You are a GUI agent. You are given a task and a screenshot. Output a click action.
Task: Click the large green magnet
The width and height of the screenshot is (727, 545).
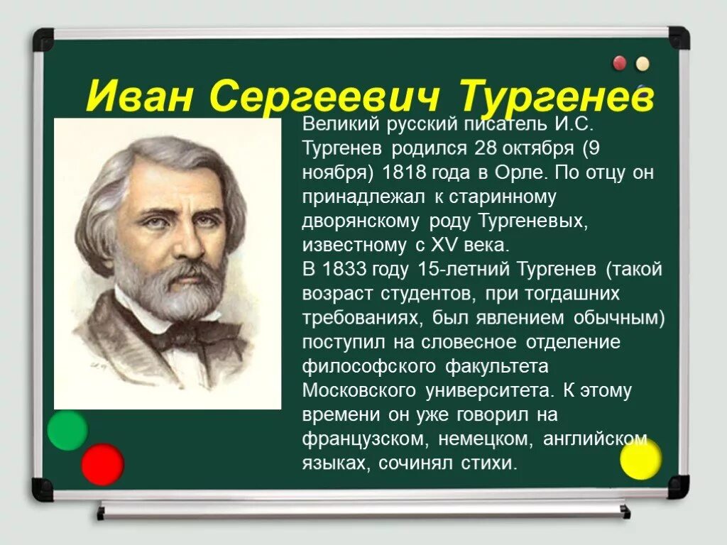(x=67, y=430)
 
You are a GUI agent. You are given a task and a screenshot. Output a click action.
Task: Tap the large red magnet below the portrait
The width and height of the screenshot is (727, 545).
(x=102, y=464)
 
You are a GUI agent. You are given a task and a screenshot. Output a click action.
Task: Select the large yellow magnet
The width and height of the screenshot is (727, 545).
(x=640, y=460)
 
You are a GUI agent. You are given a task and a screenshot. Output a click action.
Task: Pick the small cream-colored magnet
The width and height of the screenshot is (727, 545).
(x=643, y=63)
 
